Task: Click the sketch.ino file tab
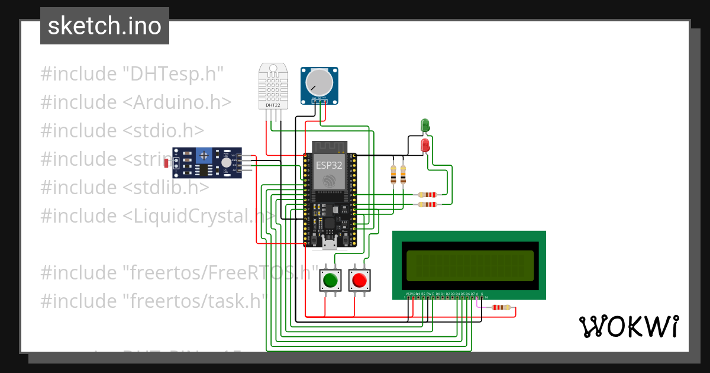tap(104, 26)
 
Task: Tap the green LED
tap(425, 125)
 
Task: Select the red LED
tap(425, 144)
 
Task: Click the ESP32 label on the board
tap(328, 165)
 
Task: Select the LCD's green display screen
tap(470, 265)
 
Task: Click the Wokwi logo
tap(628, 326)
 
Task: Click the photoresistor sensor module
tap(206, 163)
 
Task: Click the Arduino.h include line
tap(135, 102)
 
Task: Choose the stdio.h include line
tap(122, 130)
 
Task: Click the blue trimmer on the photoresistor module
tap(205, 156)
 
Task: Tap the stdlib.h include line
tap(125, 187)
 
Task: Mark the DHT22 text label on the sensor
tap(273, 105)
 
